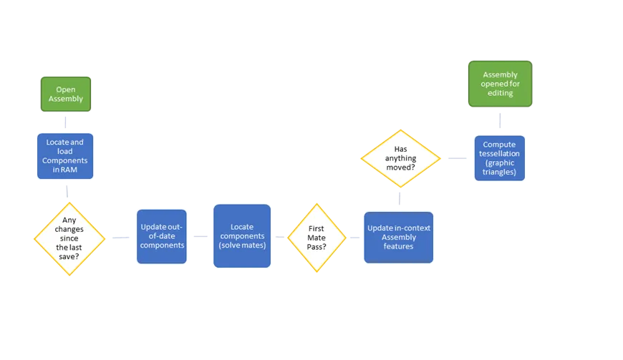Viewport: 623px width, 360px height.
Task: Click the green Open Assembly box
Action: [x=66, y=94]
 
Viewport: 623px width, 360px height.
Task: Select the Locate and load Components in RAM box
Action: [x=65, y=156]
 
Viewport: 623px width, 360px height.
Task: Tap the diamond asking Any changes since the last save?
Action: [x=69, y=239]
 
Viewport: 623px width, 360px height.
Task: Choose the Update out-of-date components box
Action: [x=162, y=237]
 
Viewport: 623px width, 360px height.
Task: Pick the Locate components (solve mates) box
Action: [x=242, y=235]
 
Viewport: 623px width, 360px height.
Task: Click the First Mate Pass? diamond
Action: [x=317, y=238]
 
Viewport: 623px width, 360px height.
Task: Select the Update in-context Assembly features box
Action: [x=399, y=238]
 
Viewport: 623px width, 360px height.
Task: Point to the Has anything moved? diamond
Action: [x=400, y=158]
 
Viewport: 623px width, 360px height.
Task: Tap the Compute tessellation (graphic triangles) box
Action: [x=499, y=158]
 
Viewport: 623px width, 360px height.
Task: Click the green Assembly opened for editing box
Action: [x=501, y=84]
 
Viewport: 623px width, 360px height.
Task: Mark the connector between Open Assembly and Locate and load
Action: [x=65, y=122]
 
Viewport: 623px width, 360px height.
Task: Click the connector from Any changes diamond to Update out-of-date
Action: [x=121, y=238]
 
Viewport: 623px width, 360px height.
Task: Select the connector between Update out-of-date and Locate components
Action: [x=201, y=237]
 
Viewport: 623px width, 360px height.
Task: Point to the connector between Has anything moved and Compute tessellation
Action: [x=458, y=158]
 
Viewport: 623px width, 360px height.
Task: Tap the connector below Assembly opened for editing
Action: [x=500, y=121]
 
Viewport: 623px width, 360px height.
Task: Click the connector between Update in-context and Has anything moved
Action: [x=400, y=198]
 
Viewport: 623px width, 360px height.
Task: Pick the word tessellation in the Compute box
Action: [x=499, y=154]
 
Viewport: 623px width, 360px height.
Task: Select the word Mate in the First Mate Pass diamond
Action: [x=317, y=238]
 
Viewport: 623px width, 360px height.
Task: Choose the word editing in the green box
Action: [x=501, y=93]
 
